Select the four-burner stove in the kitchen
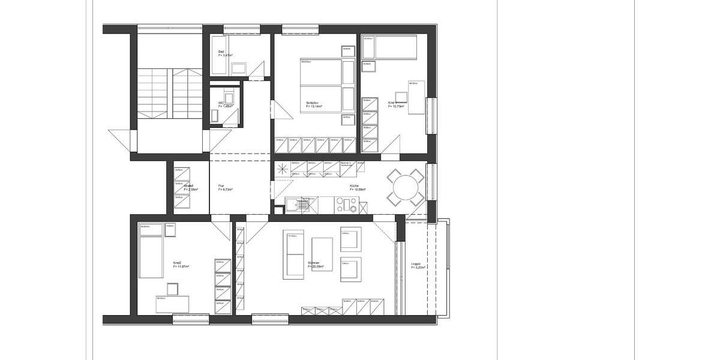[348, 206]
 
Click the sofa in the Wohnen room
[293, 254]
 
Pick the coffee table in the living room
[322, 254]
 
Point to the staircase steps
[172, 93]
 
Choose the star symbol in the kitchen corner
[283, 170]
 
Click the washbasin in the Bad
[239, 68]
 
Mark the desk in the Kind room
[416, 97]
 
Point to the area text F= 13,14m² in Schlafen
[314, 107]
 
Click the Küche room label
[354, 185]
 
